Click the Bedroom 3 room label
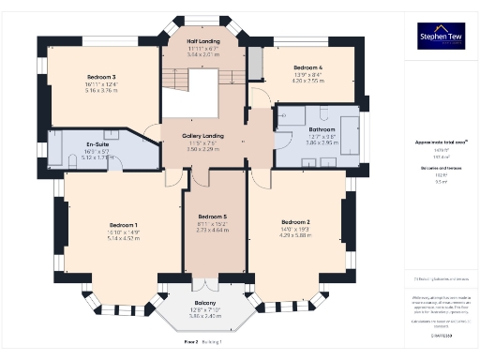(x=100, y=77)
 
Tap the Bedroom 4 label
(x=307, y=68)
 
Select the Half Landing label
(x=202, y=41)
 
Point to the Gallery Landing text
(x=202, y=136)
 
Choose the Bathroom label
(x=323, y=129)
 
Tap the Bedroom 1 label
(x=124, y=225)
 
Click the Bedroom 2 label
(x=295, y=222)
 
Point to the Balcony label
(x=205, y=303)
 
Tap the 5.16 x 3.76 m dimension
(x=100, y=91)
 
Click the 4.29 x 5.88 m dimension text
(x=295, y=236)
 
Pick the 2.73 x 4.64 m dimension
(x=216, y=231)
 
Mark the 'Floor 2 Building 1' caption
(x=203, y=343)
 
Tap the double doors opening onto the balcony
(x=205, y=283)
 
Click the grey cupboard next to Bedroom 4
(x=255, y=63)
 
